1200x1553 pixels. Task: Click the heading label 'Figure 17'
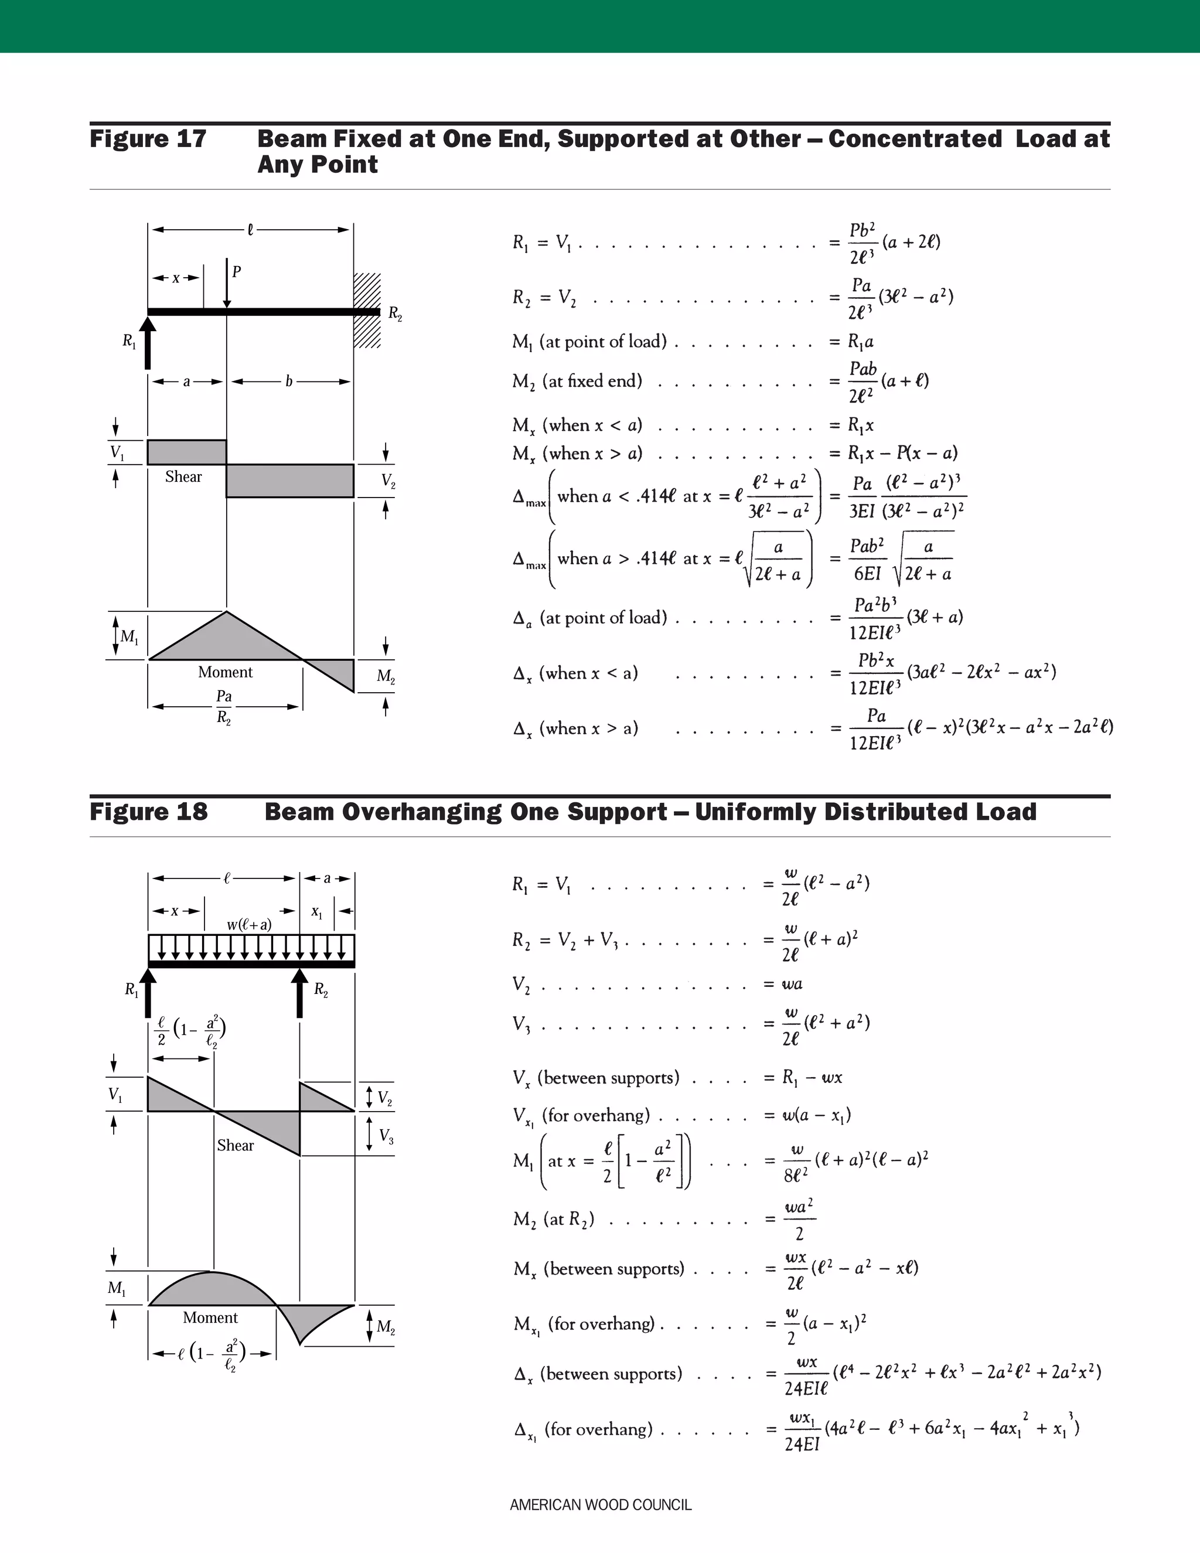[x=148, y=139]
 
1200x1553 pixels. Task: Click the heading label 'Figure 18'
[x=149, y=812]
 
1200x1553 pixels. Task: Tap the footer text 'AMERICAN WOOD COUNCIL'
[x=600, y=1504]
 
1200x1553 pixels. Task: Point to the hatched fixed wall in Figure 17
[x=367, y=311]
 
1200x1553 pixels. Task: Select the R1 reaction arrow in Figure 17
[x=147, y=343]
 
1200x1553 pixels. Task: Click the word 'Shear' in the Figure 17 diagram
[x=183, y=477]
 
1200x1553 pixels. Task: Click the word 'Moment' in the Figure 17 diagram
[x=226, y=672]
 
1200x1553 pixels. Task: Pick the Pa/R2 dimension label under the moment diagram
[x=224, y=706]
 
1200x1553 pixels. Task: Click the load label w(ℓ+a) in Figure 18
[x=249, y=924]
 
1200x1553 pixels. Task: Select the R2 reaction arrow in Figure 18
[x=300, y=993]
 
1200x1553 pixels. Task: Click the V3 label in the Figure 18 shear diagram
[x=386, y=1136]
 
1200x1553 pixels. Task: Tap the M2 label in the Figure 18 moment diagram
[x=386, y=1327]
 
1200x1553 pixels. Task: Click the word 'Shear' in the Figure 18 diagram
[x=236, y=1145]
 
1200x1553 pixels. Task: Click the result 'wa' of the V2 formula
[x=792, y=984]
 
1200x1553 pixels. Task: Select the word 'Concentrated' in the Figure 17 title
[x=915, y=139]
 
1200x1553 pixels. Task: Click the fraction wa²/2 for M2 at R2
[x=799, y=1220]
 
